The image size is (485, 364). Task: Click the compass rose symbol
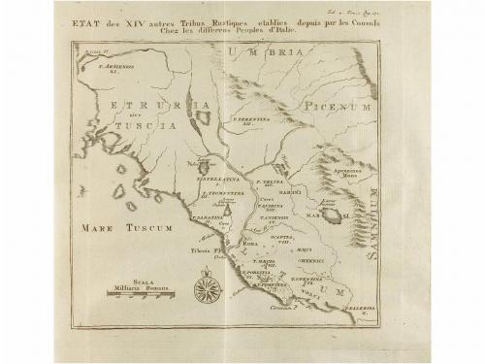coord(206,288)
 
